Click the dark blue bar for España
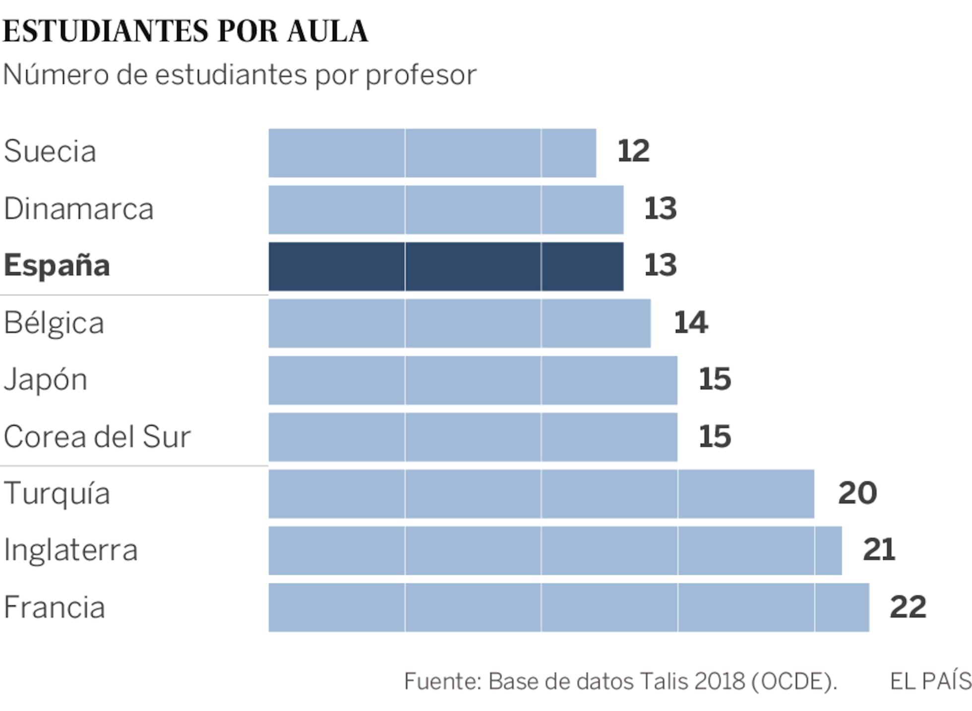tap(445, 266)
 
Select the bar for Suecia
tap(432, 153)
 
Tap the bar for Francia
tap(568, 607)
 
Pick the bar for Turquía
tap(541, 494)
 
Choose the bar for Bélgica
tap(459, 323)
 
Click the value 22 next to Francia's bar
tap(908, 607)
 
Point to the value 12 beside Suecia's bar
tap(633, 151)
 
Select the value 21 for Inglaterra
tap(879, 550)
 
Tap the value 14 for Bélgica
tap(690, 323)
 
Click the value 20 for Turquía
tap(857, 493)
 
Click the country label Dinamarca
tap(79, 209)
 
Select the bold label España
tap(57, 265)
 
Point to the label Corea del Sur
tap(97, 437)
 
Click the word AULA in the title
tap(328, 31)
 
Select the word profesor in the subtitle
tap(421, 75)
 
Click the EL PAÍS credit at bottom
tap(930, 681)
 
